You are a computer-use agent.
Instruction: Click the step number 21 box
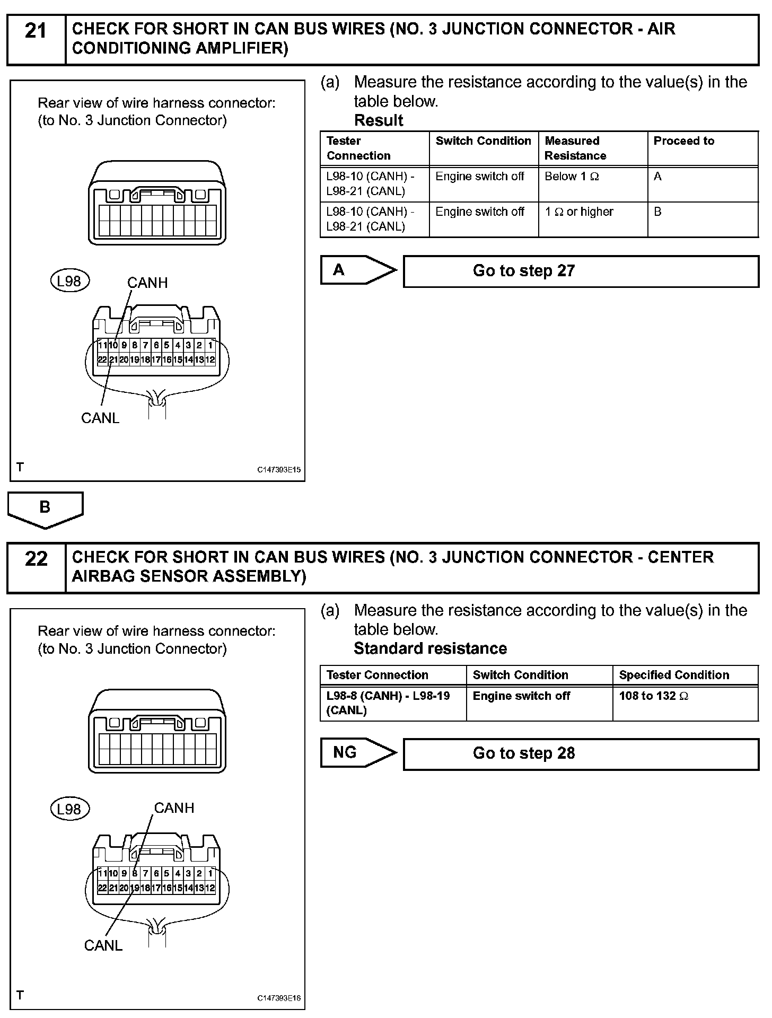(36, 39)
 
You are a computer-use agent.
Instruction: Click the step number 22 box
(36, 567)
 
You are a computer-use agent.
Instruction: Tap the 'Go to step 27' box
(581, 271)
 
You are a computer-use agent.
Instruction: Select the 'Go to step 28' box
(581, 753)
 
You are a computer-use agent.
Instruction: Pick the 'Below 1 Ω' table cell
(592, 183)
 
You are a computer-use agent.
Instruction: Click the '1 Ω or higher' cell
(592, 218)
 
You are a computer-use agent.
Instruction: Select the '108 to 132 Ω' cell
(685, 703)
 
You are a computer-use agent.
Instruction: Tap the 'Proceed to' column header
(702, 148)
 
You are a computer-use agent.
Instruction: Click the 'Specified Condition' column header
(685, 675)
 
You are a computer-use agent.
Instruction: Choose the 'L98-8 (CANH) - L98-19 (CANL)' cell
(393, 703)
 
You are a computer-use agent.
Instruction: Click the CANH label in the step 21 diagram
(147, 283)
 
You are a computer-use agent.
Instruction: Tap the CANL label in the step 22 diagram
(103, 945)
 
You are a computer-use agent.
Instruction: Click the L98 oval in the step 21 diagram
(69, 281)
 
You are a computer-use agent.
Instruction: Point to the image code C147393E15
(279, 470)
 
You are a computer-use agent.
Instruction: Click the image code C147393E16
(279, 998)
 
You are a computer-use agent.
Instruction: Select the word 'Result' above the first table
(379, 120)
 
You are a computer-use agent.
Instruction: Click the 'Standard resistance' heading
(430, 648)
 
